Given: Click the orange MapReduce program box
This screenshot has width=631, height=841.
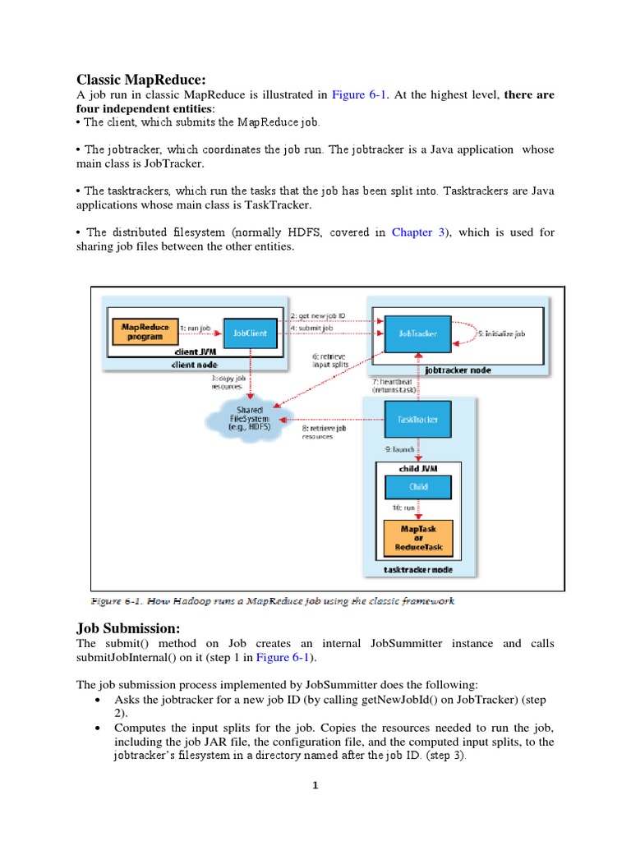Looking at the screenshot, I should pos(145,332).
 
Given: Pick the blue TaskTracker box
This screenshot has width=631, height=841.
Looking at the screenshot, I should pos(418,419).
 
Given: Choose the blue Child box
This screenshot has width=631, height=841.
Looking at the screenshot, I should pos(418,486).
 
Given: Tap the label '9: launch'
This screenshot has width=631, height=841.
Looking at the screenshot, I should pos(400,449).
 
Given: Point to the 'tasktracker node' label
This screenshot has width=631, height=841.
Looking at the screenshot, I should pos(418,569).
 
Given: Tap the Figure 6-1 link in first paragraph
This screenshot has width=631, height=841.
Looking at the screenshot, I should pos(360,95).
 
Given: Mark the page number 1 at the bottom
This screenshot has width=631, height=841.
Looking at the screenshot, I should pos(315,785).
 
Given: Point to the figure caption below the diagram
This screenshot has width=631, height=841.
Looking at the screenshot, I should pos(272,601).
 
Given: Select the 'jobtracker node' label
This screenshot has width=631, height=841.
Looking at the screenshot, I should pos(458,370).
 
